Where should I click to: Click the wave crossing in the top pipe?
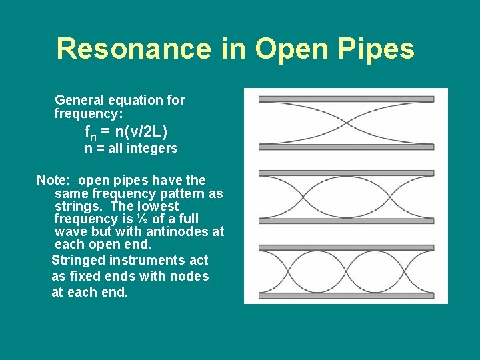coord(346,123)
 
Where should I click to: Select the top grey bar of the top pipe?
coord(346,99)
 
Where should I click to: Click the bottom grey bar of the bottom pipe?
coord(346,295)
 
